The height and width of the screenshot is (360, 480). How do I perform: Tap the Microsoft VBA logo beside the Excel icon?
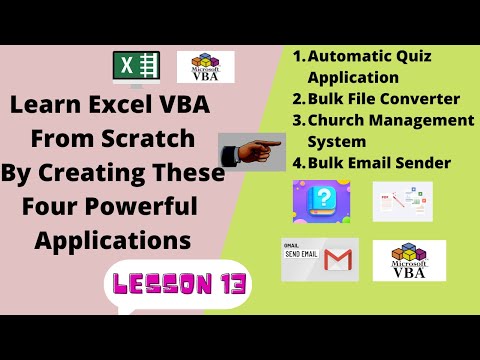click(x=205, y=67)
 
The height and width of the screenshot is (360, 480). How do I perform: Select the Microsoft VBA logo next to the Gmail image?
click(x=409, y=260)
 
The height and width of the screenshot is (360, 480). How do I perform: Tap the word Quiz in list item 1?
click(x=417, y=57)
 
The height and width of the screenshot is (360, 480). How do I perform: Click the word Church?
click(x=340, y=120)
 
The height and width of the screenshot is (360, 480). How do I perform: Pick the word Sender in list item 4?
click(x=423, y=162)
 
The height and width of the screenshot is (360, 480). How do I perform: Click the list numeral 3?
click(x=297, y=120)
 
